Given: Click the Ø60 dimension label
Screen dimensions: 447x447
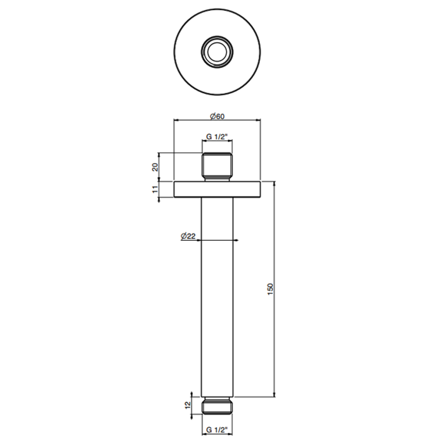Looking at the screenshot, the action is click(x=217, y=116).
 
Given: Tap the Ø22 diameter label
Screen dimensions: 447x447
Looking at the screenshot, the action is click(x=188, y=236).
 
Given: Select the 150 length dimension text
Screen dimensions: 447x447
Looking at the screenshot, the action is click(x=270, y=289).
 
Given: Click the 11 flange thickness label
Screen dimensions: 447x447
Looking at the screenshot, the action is click(x=155, y=189).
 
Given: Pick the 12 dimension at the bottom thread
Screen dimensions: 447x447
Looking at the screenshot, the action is click(x=188, y=405).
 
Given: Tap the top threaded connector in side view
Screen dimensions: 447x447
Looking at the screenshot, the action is click(x=217, y=167).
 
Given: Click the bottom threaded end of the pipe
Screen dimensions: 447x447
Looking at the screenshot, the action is click(x=217, y=405).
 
